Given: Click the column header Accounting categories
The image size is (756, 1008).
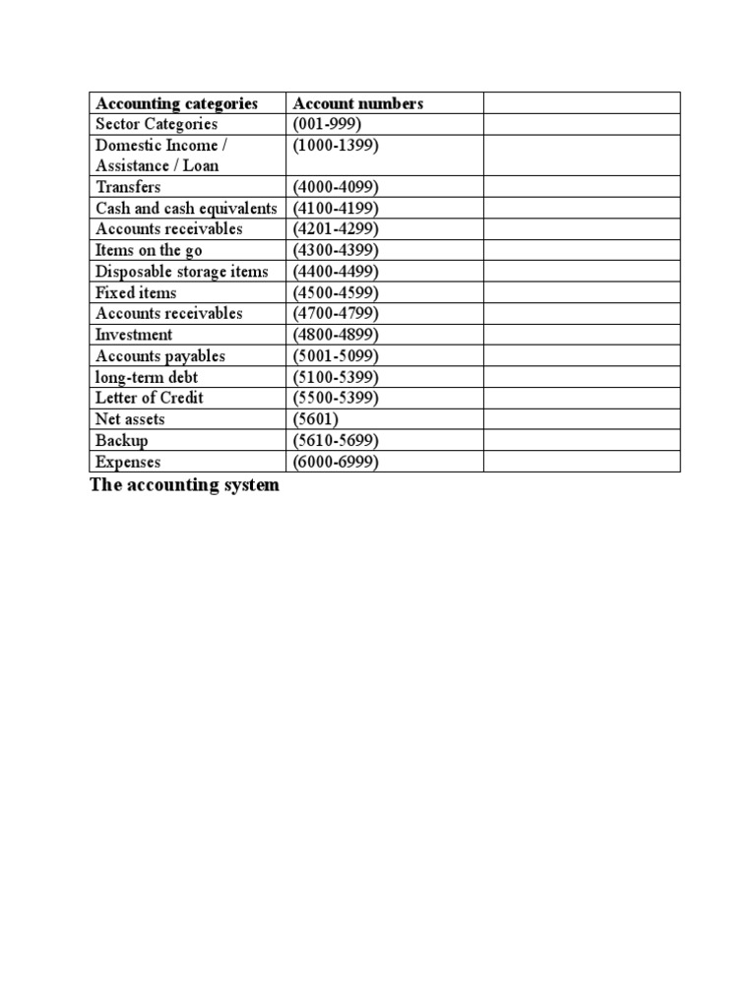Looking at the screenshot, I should click(176, 103).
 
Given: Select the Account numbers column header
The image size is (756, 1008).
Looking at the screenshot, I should click(357, 103).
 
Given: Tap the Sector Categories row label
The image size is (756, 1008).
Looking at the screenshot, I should click(157, 124).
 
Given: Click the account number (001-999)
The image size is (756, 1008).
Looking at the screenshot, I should click(328, 124).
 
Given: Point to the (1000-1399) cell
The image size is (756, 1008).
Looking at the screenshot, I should click(336, 145).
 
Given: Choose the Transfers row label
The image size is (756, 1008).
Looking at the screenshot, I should click(128, 187).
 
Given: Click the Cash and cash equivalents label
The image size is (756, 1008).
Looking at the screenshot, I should click(186, 209).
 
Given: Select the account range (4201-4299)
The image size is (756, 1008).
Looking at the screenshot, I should click(336, 229).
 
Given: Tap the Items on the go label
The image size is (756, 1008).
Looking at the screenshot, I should click(149, 251).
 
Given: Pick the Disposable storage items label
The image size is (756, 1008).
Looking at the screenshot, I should click(181, 272).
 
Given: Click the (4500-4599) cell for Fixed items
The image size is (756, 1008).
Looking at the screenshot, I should click(336, 293).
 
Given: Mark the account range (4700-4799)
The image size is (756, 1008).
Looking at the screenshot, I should click(336, 314).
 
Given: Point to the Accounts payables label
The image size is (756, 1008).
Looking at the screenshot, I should click(159, 356).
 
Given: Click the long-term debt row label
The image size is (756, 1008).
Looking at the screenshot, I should click(147, 377).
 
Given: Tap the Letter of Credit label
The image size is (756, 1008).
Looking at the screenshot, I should click(150, 398).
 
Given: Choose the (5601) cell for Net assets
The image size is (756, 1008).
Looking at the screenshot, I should click(316, 419).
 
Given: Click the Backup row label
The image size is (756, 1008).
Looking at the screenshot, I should click(122, 441).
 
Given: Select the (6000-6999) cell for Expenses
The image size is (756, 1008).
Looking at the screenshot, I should click(336, 462).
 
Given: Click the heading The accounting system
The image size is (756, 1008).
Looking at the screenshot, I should click(184, 485).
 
